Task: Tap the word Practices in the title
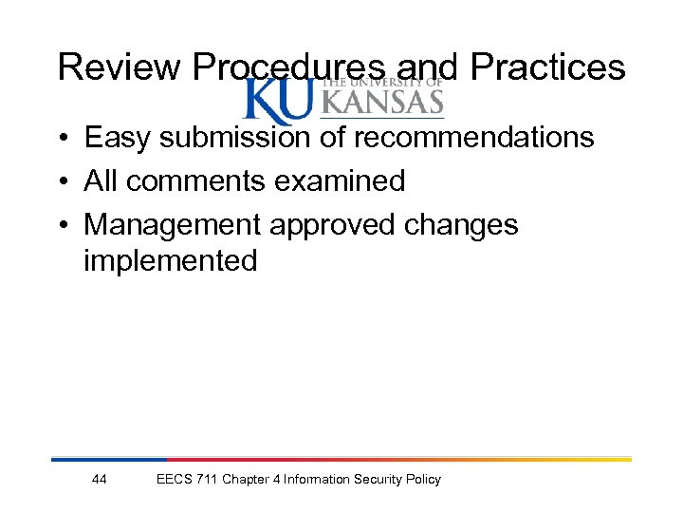click(x=547, y=67)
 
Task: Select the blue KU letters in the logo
click(x=278, y=102)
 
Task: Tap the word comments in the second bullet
click(x=198, y=180)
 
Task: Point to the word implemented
click(x=170, y=261)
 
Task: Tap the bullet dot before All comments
click(x=60, y=181)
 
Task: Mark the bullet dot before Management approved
click(x=60, y=226)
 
